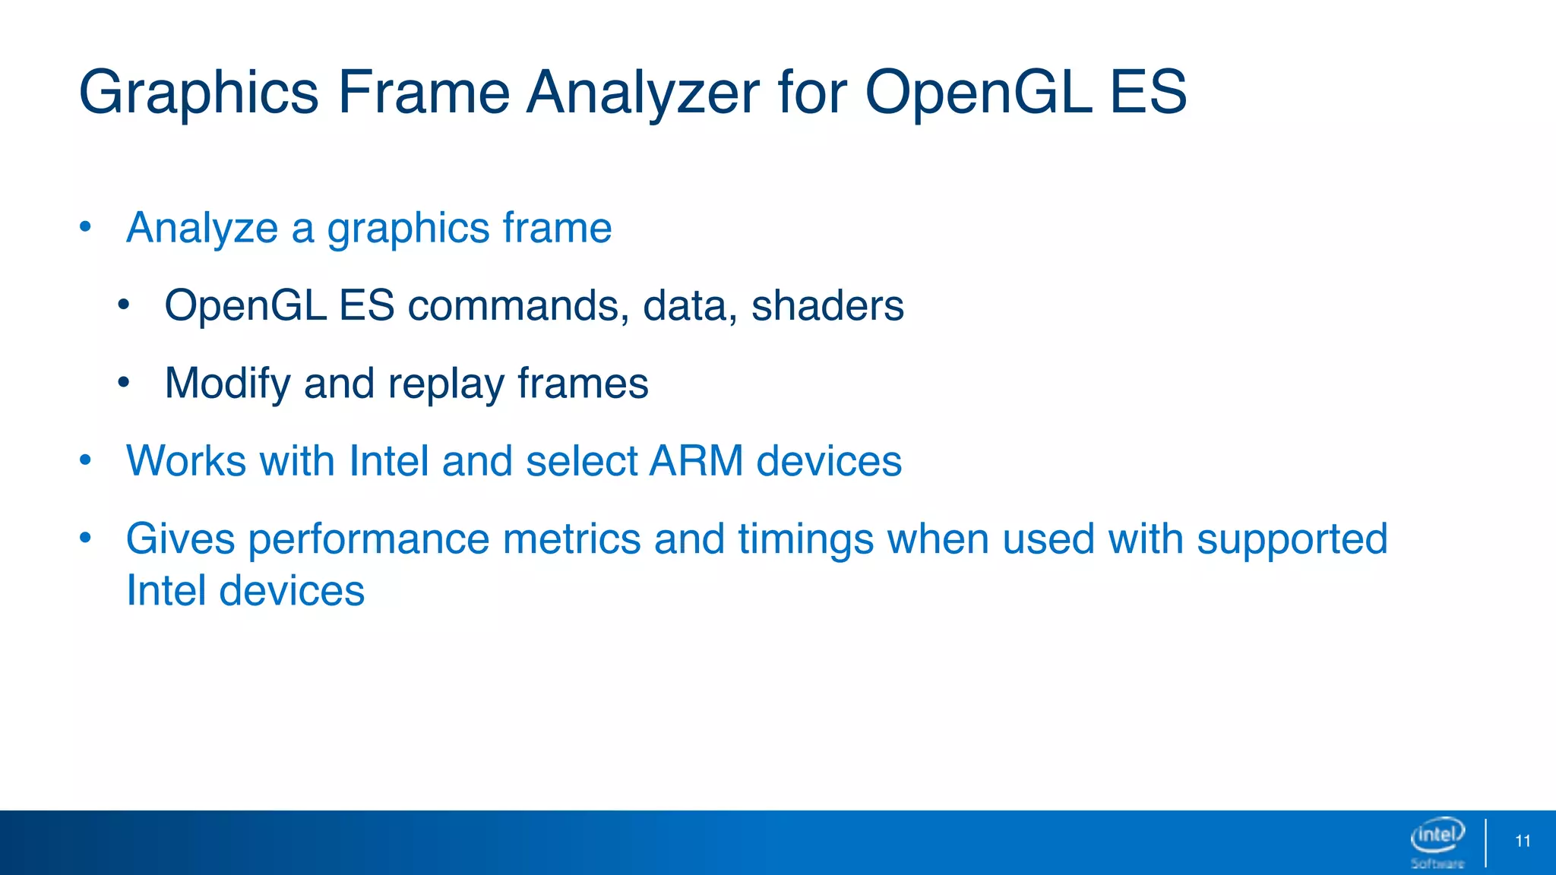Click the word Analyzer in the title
643,93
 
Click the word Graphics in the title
198,93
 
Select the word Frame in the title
423,93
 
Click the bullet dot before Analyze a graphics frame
85,226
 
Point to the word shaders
827,305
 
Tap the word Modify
227,384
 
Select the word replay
445,384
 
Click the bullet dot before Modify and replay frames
124,382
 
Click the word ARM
696,461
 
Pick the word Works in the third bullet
186,461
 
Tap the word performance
368,539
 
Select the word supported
1292,539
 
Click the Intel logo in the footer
1437,836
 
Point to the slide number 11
1523,841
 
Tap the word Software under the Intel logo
1437,864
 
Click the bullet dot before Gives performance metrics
85,538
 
